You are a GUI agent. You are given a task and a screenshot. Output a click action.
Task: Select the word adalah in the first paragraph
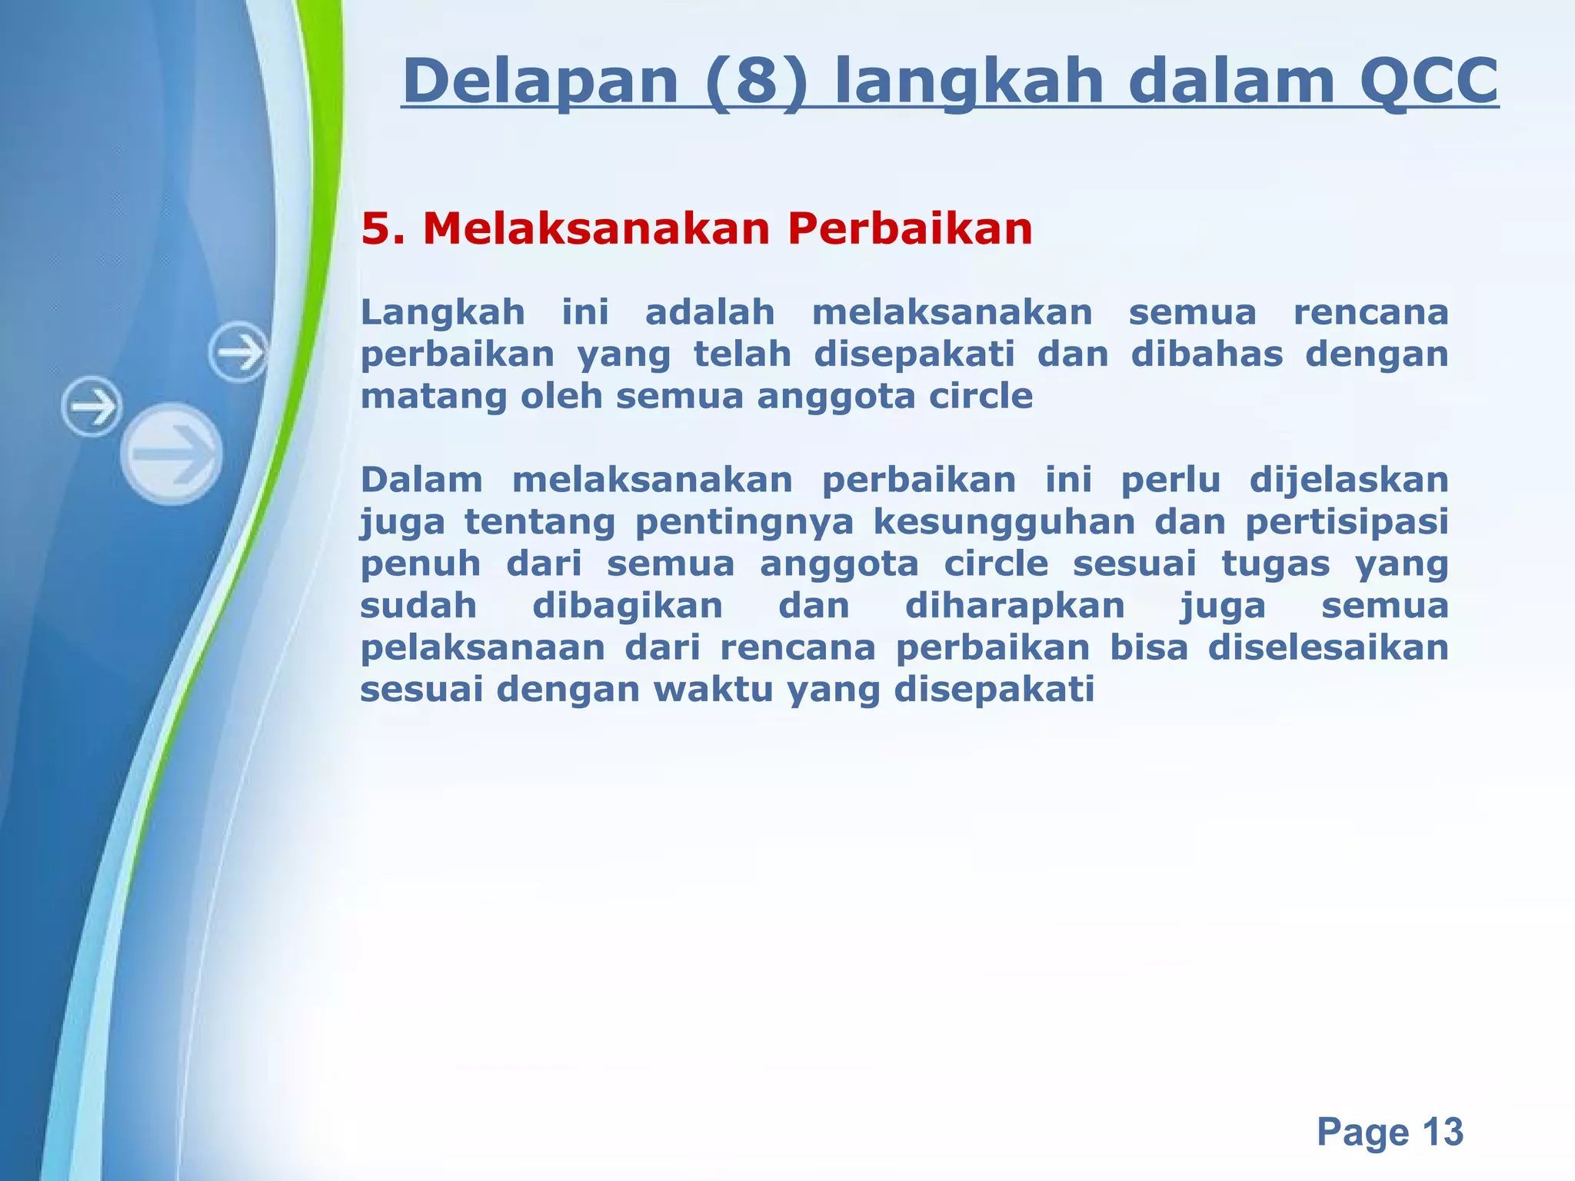(x=709, y=313)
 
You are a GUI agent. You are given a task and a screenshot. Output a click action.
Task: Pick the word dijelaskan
(x=1348, y=481)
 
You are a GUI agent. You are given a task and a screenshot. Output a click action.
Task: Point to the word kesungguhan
(x=1004, y=523)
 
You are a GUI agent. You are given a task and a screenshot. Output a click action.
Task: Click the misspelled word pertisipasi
(x=1347, y=523)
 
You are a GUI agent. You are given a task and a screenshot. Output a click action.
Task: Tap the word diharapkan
(x=1014, y=606)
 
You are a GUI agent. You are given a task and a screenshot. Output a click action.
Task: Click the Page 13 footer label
(x=1389, y=1132)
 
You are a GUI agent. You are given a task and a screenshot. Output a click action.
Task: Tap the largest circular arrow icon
(x=171, y=454)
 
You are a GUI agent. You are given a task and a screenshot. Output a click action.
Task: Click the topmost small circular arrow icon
(x=239, y=353)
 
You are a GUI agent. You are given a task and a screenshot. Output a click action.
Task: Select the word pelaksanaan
(x=482, y=647)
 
